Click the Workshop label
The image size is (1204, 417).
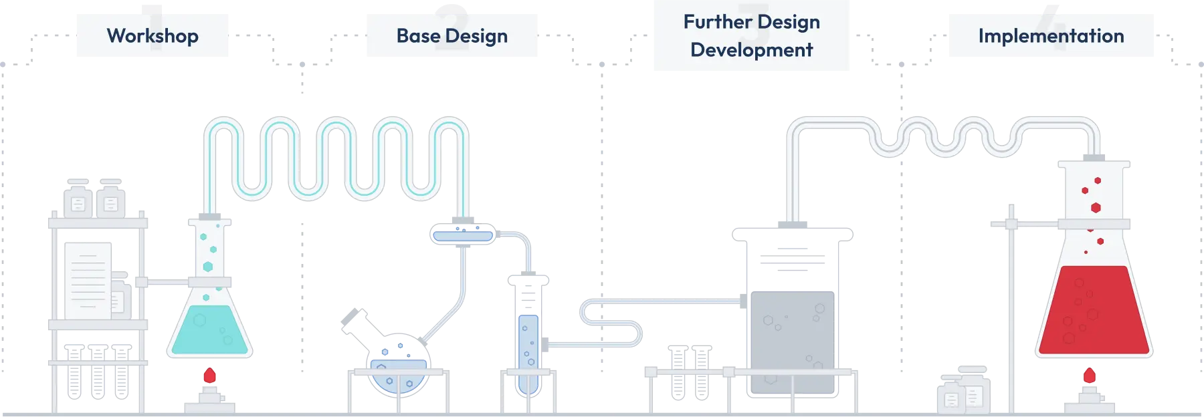[153, 35]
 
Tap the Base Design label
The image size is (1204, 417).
[452, 35]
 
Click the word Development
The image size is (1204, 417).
[752, 50]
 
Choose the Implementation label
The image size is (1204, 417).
[1051, 35]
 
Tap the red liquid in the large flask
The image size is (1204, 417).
[1093, 311]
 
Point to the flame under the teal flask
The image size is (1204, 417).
[210, 376]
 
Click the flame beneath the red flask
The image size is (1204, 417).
[1090, 376]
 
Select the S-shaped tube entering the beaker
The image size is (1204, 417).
[612, 321]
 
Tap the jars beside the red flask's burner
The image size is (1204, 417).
[963, 391]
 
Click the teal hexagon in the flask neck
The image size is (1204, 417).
[208, 267]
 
